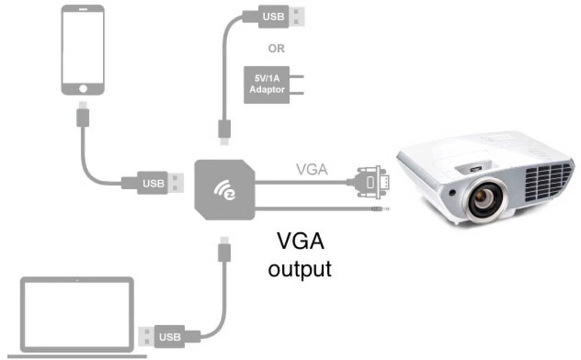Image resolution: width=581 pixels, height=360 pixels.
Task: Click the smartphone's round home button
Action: click(x=84, y=88)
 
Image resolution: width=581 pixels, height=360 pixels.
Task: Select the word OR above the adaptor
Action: click(x=277, y=48)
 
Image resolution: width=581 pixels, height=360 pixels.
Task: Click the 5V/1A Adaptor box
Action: click(x=267, y=85)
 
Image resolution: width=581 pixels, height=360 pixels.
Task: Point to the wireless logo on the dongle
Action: click(x=224, y=188)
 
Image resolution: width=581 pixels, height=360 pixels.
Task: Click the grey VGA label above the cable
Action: click(x=312, y=170)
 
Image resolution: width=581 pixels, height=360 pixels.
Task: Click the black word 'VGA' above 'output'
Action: click(x=300, y=240)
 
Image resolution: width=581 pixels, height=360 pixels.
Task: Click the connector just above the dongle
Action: click(x=224, y=130)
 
